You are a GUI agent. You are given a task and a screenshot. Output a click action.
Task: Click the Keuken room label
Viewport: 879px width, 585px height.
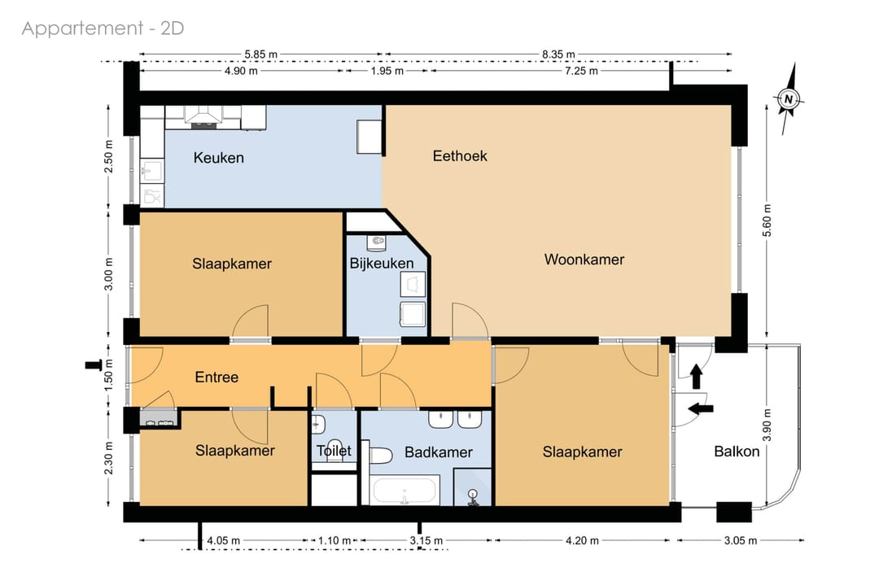point(218,158)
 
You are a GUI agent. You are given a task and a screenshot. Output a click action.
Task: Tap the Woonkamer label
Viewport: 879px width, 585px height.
point(584,260)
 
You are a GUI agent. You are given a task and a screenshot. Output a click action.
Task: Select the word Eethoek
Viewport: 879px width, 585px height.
point(460,155)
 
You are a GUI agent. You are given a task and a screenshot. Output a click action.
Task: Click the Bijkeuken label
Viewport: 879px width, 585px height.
point(381,264)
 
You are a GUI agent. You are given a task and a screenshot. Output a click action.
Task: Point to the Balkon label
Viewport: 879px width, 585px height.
point(737,452)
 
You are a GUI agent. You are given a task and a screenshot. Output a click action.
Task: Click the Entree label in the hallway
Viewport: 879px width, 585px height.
point(216,378)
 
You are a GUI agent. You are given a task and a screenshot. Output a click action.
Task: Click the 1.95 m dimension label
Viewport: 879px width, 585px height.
point(387,71)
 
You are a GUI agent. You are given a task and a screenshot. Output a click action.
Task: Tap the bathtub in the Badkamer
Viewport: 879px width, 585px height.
point(405,491)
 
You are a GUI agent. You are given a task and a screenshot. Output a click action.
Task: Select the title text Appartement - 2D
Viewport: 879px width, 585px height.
point(103,28)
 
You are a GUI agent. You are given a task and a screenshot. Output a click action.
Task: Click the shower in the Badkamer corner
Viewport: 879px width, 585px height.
point(472,487)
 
